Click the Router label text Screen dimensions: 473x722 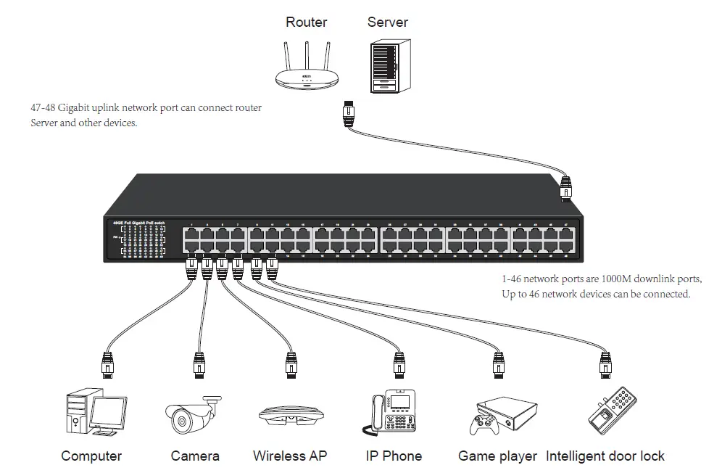point(307,22)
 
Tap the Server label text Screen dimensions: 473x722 point(387,22)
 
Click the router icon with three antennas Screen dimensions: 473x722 point(307,69)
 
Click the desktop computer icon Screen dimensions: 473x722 point(95,414)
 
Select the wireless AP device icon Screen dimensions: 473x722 point(290,418)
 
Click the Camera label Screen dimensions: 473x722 point(195,456)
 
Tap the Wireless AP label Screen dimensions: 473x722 point(290,456)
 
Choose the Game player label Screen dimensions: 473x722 point(497,456)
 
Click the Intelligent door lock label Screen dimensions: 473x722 point(605,456)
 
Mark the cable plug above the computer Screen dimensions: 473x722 point(107,363)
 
